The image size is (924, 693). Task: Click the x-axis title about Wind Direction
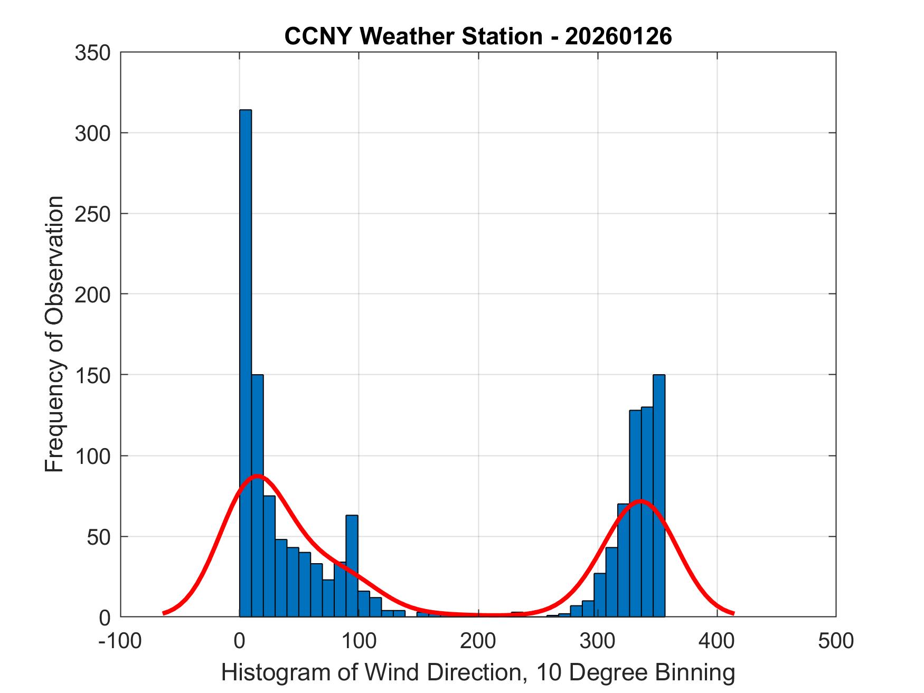click(x=478, y=673)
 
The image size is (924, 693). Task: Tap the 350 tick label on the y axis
click(x=92, y=53)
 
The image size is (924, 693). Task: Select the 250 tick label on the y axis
click(x=92, y=214)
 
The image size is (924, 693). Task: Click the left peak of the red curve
click(x=257, y=476)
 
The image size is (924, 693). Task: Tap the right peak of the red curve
click(x=640, y=501)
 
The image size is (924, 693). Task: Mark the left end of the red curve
click(x=164, y=613)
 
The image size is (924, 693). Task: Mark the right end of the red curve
click(x=733, y=613)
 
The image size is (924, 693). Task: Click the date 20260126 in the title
click(x=618, y=36)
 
